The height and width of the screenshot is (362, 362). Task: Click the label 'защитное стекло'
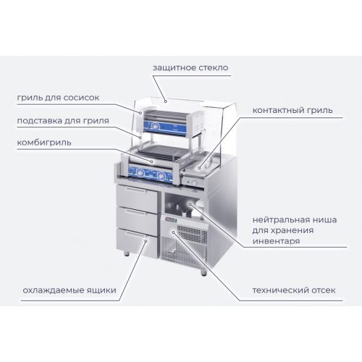click(x=190, y=68)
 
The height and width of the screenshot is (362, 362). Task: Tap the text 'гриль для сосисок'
click(x=58, y=98)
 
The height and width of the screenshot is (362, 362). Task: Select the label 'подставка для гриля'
click(x=63, y=121)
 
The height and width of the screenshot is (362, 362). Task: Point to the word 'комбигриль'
click(x=44, y=143)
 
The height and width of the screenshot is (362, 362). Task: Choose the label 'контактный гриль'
click(x=292, y=110)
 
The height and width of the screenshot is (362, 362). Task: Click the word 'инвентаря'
click(x=277, y=241)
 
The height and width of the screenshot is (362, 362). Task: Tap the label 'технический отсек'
click(x=294, y=290)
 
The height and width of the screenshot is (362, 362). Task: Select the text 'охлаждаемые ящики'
click(x=70, y=290)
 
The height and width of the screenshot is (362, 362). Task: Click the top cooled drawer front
click(x=137, y=198)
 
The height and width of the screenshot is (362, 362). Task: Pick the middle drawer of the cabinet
click(x=137, y=220)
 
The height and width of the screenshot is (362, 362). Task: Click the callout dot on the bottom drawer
click(x=146, y=241)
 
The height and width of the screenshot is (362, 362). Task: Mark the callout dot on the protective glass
click(x=166, y=101)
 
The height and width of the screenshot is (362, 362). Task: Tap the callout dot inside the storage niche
click(x=190, y=204)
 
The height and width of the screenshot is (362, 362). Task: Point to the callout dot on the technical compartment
click(x=173, y=232)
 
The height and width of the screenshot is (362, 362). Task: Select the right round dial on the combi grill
click(x=161, y=175)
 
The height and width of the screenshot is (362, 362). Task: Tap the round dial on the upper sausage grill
click(x=156, y=126)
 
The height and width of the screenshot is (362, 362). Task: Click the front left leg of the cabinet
click(x=127, y=253)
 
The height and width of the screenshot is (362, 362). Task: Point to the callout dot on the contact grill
click(x=199, y=168)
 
